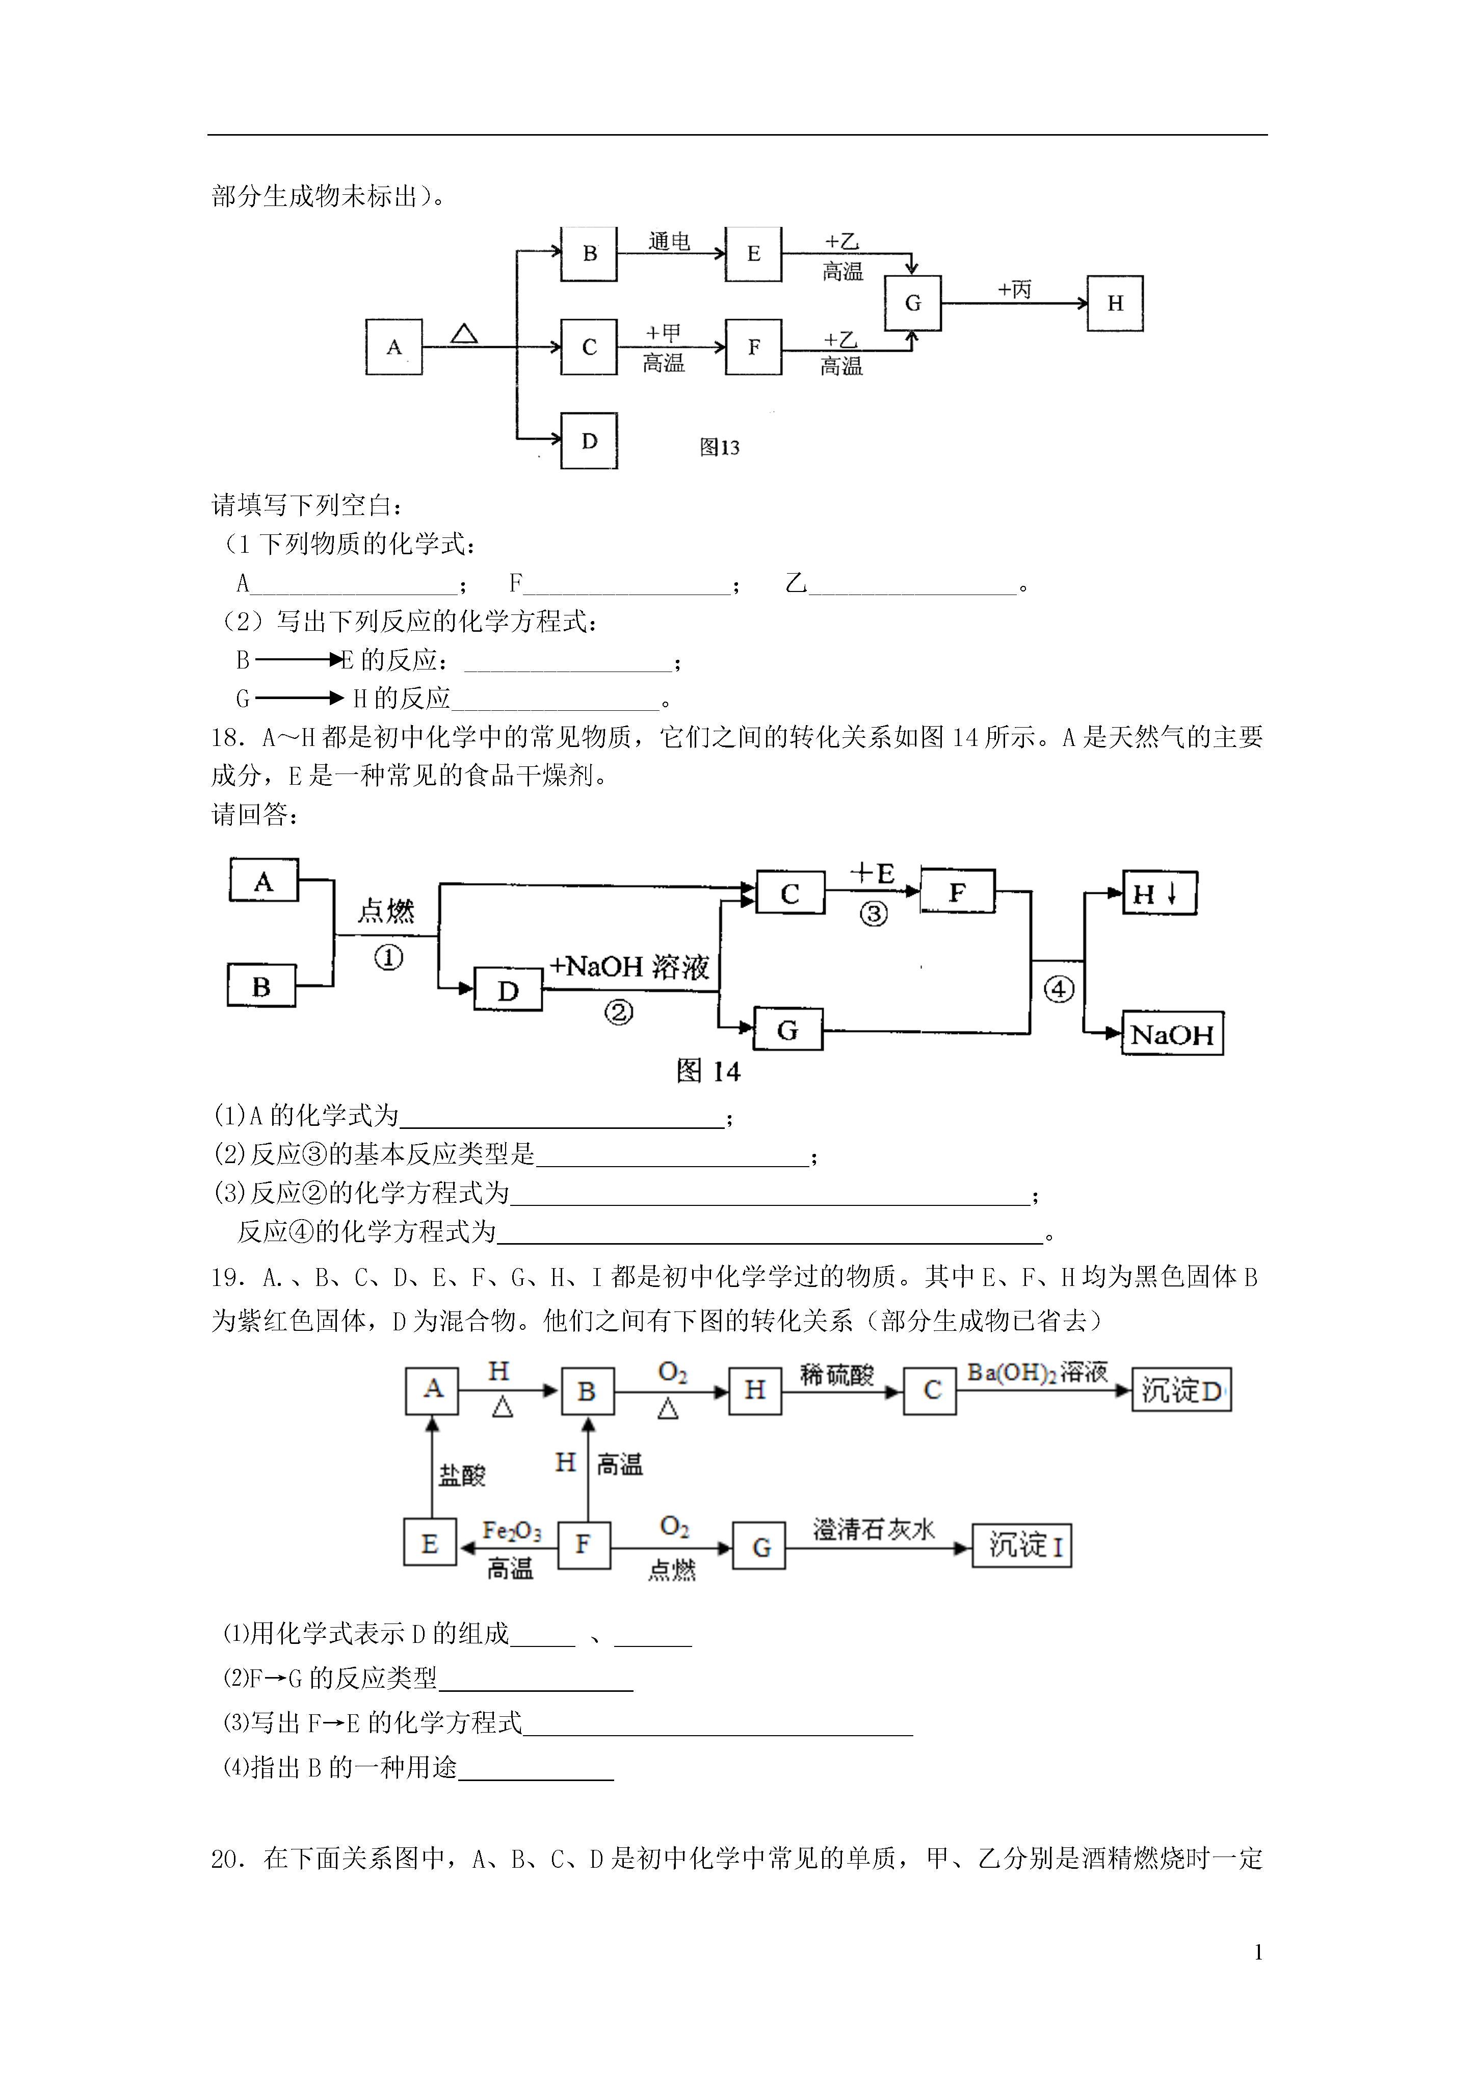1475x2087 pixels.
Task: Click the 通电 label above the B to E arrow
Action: click(670, 241)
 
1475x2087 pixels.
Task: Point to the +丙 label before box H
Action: click(1015, 289)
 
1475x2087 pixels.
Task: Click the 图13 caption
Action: click(720, 447)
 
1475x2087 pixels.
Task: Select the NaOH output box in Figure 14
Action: click(1172, 1034)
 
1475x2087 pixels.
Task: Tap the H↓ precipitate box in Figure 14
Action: click(1160, 893)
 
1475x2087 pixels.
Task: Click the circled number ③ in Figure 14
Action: click(874, 914)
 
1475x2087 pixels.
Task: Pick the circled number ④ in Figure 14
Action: click(1059, 989)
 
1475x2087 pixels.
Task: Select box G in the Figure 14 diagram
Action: click(788, 1030)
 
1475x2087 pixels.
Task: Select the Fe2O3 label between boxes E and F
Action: click(512, 1532)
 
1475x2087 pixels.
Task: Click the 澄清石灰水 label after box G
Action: click(874, 1530)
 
